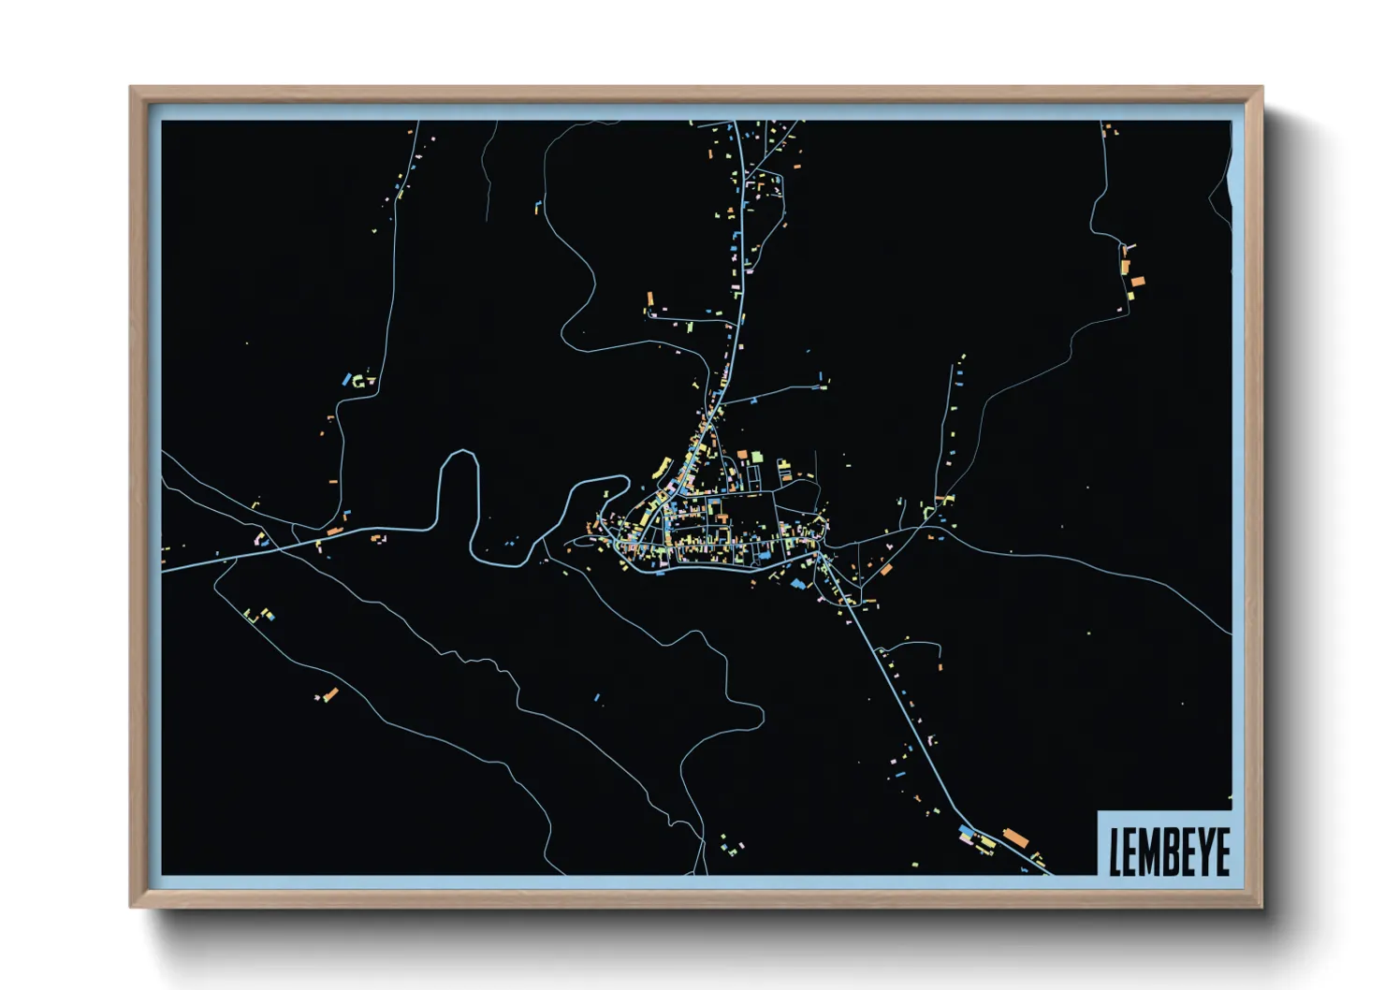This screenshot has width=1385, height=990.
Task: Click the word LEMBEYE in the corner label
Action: tap(1169, 851)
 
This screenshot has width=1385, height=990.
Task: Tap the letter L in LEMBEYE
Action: tap(1115, 852)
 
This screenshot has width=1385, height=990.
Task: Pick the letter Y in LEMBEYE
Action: tap(1203, 852)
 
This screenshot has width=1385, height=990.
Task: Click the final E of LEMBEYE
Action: tap(1221, 852)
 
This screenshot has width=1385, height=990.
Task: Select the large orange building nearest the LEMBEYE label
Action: tap(1015, 837)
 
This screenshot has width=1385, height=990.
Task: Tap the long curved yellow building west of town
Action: tap(662, 467)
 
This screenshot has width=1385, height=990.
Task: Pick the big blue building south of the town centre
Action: tap(798, 583)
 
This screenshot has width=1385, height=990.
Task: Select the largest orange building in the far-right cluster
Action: tap(1138, 281)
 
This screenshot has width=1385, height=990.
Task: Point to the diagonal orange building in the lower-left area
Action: tap(330, 693)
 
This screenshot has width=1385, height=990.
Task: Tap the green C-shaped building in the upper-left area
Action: tap(358, 381)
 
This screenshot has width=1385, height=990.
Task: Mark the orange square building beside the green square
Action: tap(742, 455)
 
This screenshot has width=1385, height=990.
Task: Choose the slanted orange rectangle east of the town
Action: tap(885, 568)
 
